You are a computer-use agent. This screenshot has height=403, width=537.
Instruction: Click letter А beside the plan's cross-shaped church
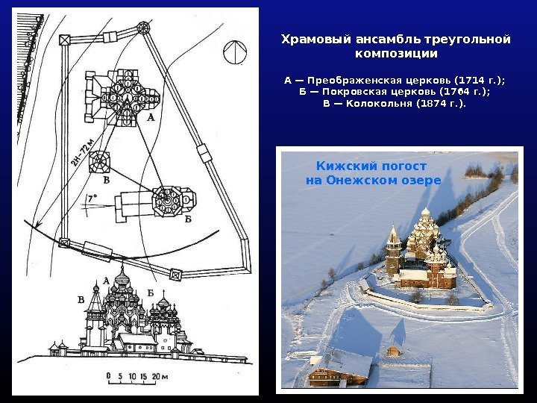coord(151,118)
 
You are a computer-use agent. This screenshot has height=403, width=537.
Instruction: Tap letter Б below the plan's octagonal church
coord(188,219)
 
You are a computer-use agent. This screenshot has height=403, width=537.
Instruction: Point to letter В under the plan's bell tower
coord(107,180)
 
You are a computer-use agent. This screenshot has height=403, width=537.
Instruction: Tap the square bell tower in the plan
coord(99,161)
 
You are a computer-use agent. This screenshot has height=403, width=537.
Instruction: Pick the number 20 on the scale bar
coord(156,376)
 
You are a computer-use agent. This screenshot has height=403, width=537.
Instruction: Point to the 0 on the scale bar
coord(109,376)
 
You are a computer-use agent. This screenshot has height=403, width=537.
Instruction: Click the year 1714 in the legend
coord(471,81)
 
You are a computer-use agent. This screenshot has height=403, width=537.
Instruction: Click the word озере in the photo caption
coord(423,181)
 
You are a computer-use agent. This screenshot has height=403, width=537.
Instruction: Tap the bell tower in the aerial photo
coord(393,250)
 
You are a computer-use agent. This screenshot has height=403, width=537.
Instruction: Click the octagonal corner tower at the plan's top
coord(142,28)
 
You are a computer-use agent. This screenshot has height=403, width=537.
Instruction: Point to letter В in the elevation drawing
coord(81,300)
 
